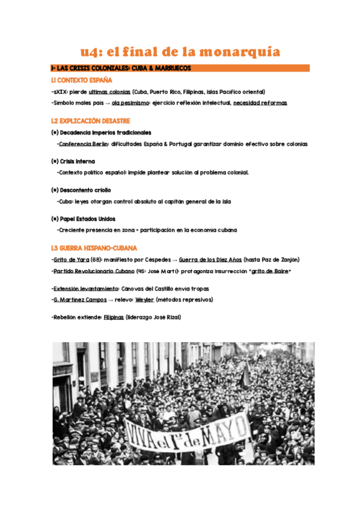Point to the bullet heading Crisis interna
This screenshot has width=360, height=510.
73,161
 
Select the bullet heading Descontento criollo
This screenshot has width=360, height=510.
81,190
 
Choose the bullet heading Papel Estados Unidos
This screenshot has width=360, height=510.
84,219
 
